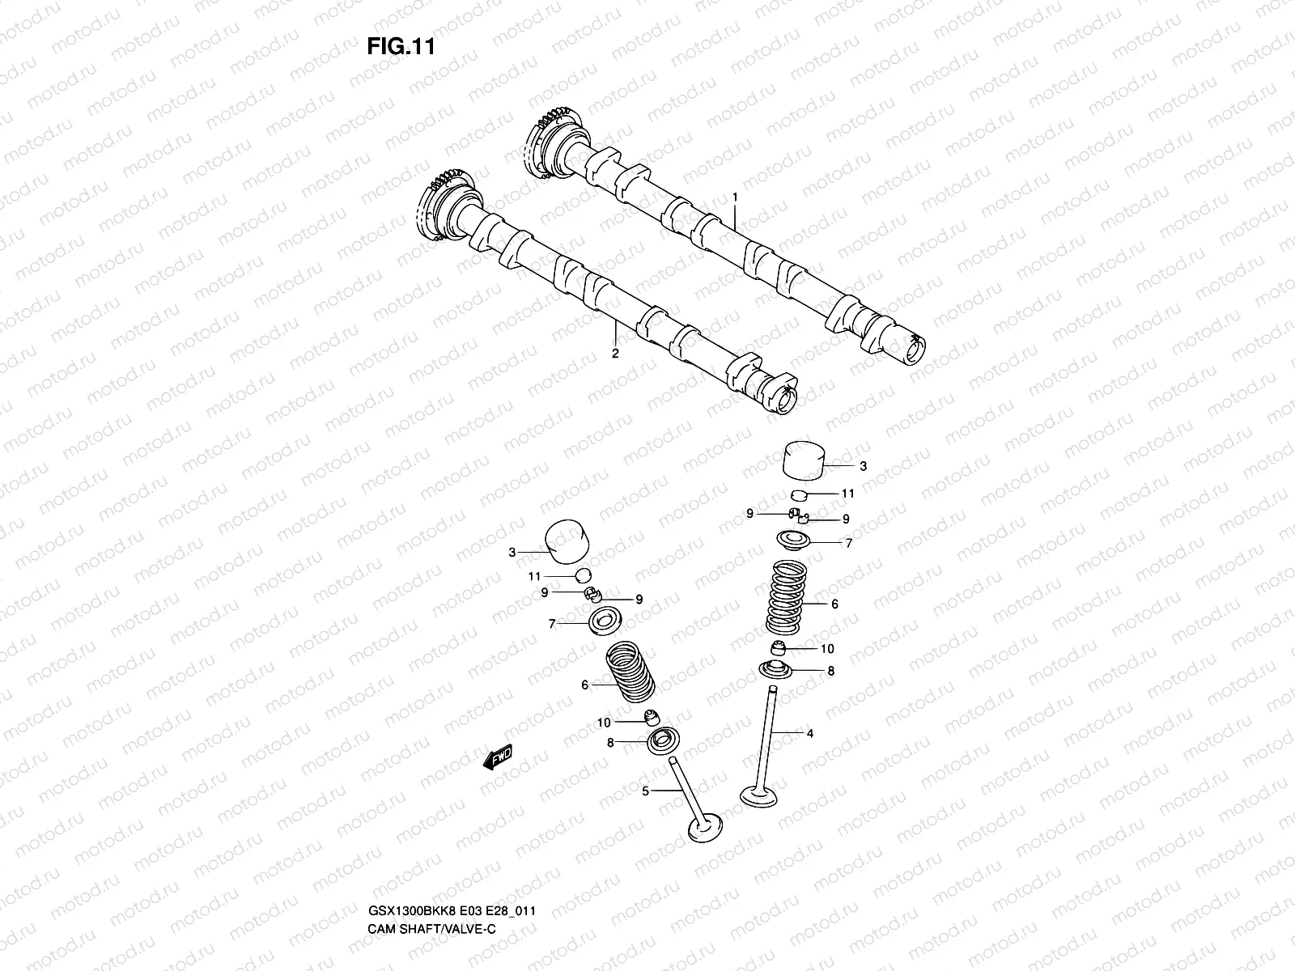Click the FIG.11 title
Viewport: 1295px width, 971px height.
(401, 47)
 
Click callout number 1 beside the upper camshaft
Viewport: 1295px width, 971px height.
(734, 197)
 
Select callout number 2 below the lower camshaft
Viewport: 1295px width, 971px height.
(614, 354)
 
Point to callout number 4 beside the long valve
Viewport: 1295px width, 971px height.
(809, 734)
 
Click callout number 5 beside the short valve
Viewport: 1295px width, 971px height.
(645, 791)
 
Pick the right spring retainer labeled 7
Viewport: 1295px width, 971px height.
(796, 540)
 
